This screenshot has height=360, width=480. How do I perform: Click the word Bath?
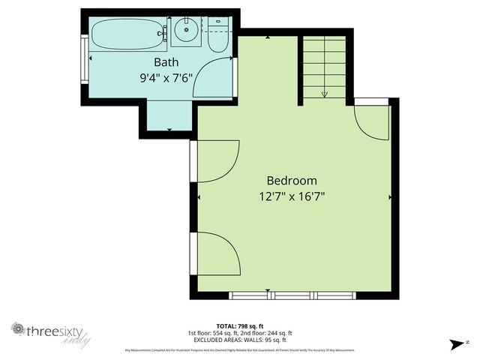(x=166, y=61)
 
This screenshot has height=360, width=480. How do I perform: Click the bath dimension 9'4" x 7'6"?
(x=166, y=76)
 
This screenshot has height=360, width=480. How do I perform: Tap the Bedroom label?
(x=292, y=181)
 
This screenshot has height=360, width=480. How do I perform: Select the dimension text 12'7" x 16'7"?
(x=292, y=196)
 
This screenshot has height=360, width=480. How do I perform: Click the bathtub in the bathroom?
(x=127, y=32)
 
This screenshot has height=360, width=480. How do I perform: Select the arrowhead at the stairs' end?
(x=325, y=94)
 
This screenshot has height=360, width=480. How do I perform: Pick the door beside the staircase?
(x=371, y=120)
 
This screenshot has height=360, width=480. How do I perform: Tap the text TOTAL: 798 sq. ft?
(x=239, y=326)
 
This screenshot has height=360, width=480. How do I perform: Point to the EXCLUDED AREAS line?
(x=239, y=340)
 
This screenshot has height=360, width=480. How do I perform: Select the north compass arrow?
(x=454, y=344)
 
